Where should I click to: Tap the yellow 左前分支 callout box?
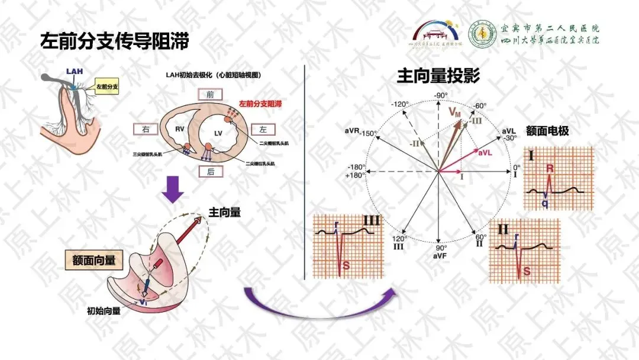tap(107, 87)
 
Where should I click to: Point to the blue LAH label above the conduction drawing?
tap(75, 72)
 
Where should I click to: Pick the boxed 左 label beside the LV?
tap(263, 128)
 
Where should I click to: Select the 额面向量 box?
tap(94, 259)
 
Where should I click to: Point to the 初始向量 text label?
tap(104, 310)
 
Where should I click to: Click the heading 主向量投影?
tap(438, 76)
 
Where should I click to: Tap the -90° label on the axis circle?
tap(440, 95)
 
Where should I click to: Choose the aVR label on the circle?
tap(351, 129)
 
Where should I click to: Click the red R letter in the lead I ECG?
tap(550, 169)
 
